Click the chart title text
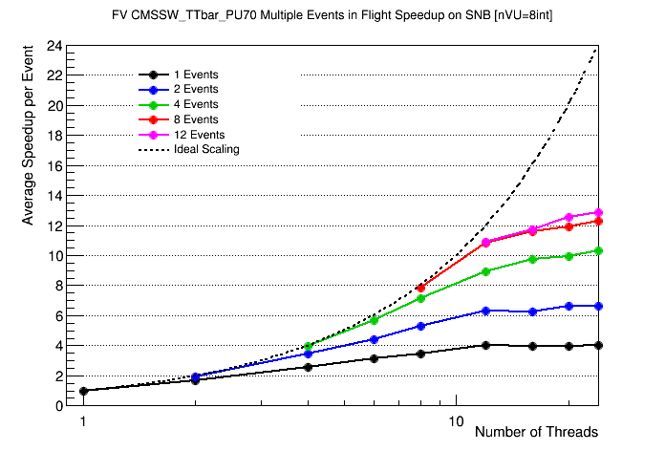coord(332,16)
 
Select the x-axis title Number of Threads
coord(536,432)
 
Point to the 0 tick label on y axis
coord(59,405)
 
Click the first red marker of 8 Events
coord(420,288)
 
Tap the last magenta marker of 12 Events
coord(599,212)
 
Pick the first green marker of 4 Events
coord(308,346)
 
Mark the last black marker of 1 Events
coord(599,345)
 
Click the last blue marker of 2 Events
coord(599,306)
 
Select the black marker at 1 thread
coord(83,391)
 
